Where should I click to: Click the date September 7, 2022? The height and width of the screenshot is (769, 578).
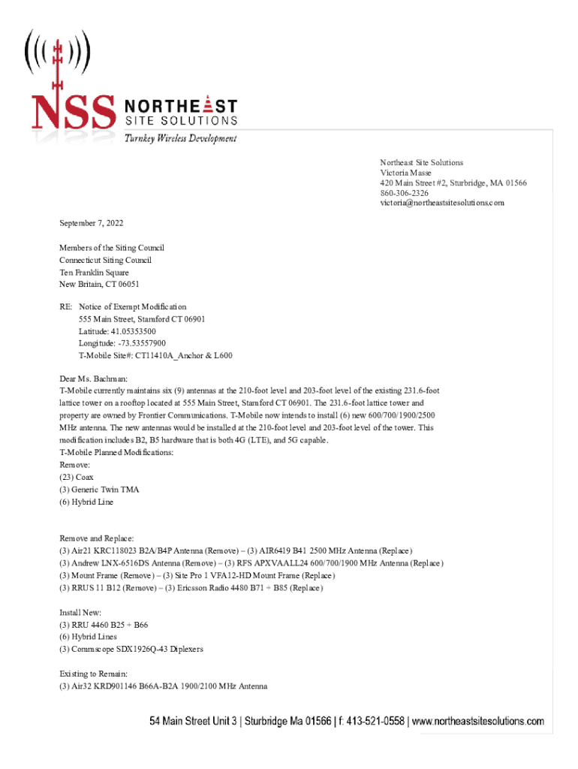tap(92, 223)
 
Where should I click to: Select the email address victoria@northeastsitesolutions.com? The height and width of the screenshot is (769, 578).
tap(441, 203)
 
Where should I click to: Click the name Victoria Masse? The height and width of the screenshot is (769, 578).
tap(405, 173)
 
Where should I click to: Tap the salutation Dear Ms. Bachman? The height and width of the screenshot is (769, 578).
tap(94, 378)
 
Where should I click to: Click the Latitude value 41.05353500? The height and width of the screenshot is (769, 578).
tap(117, 331)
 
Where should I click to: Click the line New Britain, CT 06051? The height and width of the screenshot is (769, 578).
tap(99, 285)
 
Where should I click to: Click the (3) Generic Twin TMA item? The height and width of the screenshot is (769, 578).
tap(99, 489)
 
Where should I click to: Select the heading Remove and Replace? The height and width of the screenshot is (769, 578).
tap(97, 538)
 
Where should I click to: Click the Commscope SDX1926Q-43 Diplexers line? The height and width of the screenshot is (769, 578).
tap(131, 648)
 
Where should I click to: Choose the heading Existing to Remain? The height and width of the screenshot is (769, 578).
tap(97, 674)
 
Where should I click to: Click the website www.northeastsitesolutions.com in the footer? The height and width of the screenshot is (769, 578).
tap(478, 722)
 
